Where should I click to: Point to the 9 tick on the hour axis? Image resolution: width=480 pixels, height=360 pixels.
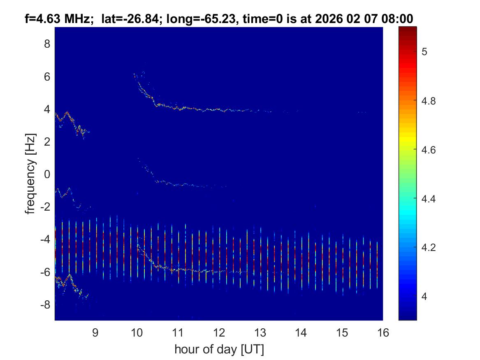coord(95,332)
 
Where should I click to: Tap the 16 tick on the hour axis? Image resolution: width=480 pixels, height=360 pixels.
coord(383,332)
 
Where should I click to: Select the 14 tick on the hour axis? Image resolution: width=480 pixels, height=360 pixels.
coord(301,332)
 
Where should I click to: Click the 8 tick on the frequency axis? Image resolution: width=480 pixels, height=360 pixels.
coord(47,44)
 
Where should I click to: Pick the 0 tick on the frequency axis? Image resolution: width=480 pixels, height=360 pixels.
coord(47,174)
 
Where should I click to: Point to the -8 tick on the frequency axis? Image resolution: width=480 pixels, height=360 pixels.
coord(44,304)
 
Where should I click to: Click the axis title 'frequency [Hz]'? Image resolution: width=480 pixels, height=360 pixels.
coord(30,174)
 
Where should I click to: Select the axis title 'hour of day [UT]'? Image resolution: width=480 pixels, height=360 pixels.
coord(219,349)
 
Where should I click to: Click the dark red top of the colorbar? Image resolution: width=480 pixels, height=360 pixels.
coord(408,28)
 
